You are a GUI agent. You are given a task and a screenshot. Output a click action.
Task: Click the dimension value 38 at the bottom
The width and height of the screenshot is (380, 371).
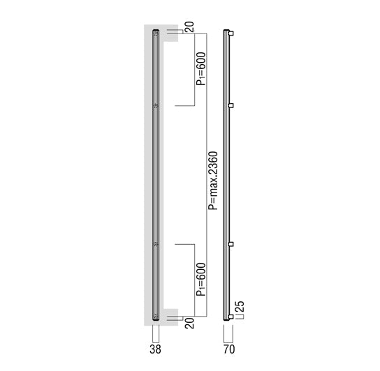[x=155, y=349]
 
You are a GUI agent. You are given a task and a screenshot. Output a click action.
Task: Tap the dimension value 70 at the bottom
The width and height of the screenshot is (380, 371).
[x=229, y=349]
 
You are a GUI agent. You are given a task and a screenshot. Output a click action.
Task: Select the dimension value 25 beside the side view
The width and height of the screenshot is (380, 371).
[x=240, y=307]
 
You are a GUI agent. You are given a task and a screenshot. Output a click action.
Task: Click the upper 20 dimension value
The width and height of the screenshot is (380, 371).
[x=189, y=27]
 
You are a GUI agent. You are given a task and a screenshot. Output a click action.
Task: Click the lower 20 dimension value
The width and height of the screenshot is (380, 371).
[x=189, y=323]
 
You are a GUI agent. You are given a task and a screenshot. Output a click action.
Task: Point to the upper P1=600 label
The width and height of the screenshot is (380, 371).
[x=201, y=69]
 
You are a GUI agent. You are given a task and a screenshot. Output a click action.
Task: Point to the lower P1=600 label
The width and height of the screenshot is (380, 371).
[x=201, y=279]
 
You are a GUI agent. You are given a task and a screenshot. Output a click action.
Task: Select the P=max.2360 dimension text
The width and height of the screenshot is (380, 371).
[x=213, y=181]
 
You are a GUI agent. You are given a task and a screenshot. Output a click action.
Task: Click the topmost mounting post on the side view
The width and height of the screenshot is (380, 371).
[x=231, y=33]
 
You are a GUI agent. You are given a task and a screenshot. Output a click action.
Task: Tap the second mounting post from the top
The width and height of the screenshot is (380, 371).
[x=231, y=105]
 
